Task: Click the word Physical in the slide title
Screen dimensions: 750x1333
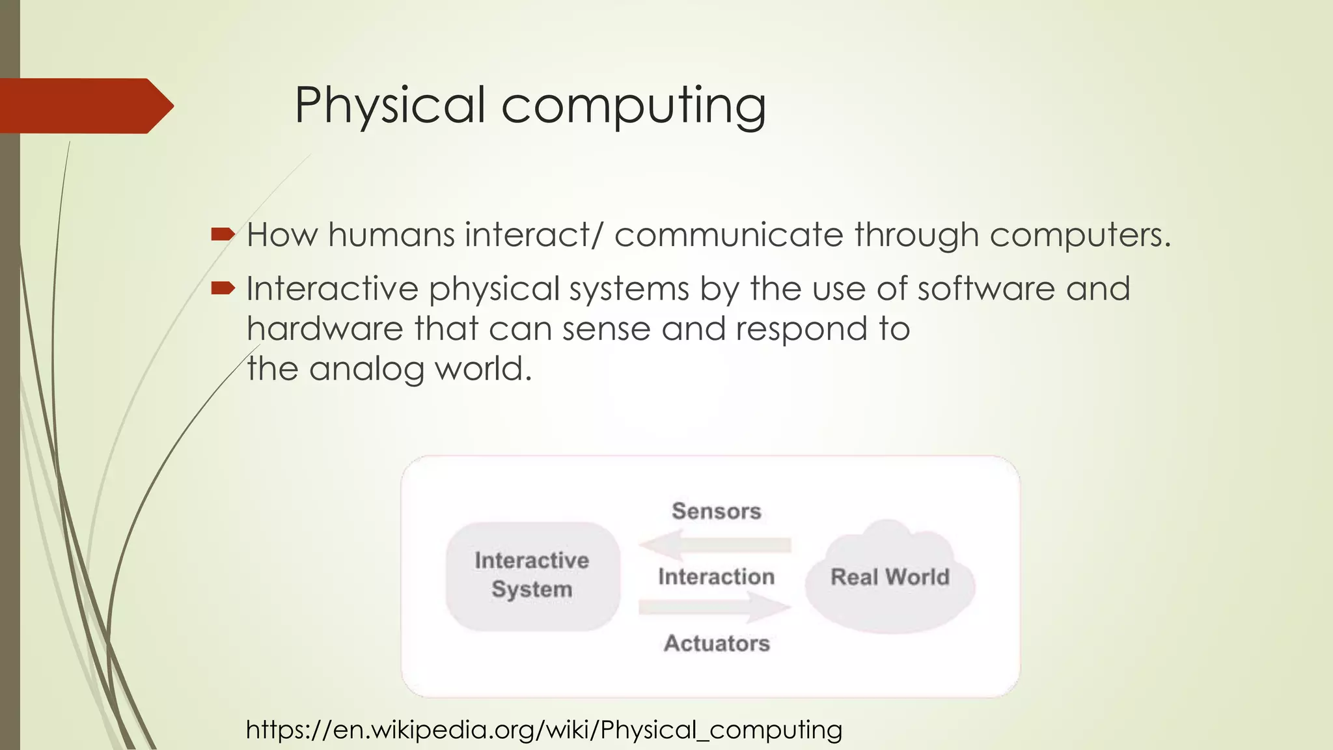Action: pyautogui.click(x=389, y=105)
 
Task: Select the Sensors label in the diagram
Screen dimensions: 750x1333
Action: pyautogui.click(x=716, y=511)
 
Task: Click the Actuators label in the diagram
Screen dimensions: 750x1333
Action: pyautogui.click(x=717, y=643)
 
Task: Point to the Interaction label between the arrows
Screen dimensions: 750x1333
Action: pyautogui.click(x=716, y=577)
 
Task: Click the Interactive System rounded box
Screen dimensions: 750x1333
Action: pyautogui.click(x=532, y=576)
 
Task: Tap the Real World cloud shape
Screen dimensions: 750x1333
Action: pyautogui.click(x=890, y=577)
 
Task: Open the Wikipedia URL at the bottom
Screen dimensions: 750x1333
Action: pyautogui.click(x=544, y=730)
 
